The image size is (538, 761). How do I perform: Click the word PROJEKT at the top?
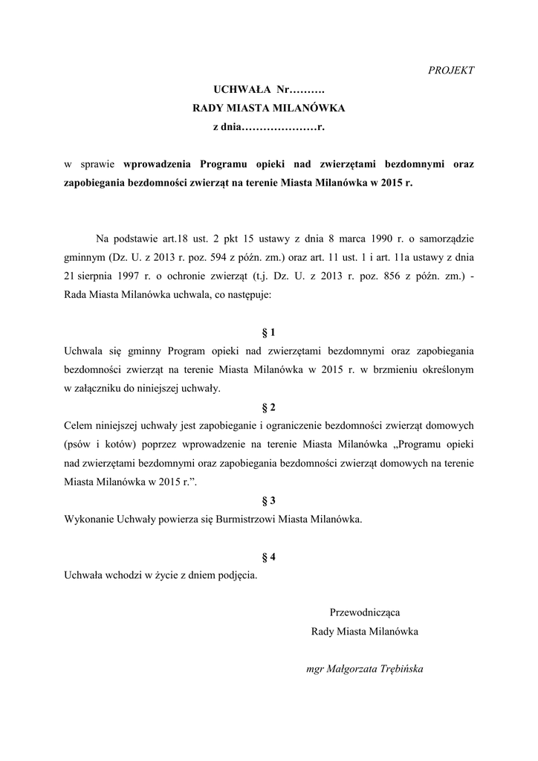pos(451,70)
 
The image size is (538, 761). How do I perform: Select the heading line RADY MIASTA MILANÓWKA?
pos(269,109)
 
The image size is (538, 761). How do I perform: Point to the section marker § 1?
pos(269,331)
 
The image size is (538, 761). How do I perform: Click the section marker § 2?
pos(269,407)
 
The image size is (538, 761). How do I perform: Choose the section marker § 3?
pos(269,501)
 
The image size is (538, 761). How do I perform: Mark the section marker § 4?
pos(269,557)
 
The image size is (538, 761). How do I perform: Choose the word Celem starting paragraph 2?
pos(79,426)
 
